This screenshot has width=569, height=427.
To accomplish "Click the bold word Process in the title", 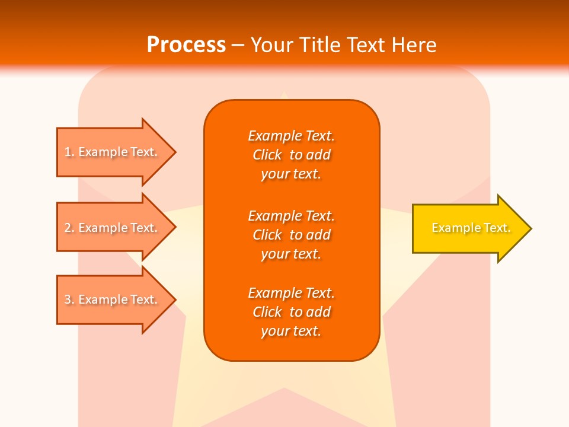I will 186,45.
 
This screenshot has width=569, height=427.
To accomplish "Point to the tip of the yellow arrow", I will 530,228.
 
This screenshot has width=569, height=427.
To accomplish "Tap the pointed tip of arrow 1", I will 174,152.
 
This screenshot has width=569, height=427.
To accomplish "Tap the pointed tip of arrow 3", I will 174,299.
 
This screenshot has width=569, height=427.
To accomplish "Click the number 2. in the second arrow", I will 69,228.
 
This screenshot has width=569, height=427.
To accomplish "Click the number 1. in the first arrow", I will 69,152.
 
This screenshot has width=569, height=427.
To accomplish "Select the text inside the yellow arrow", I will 471,228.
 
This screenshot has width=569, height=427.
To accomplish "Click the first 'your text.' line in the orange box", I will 291,174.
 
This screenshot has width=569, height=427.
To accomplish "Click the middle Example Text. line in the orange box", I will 291,215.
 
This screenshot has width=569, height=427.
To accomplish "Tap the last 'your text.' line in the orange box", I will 291,332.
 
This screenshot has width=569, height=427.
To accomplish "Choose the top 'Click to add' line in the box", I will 291,155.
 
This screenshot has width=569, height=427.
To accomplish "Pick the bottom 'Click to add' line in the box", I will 291,312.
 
